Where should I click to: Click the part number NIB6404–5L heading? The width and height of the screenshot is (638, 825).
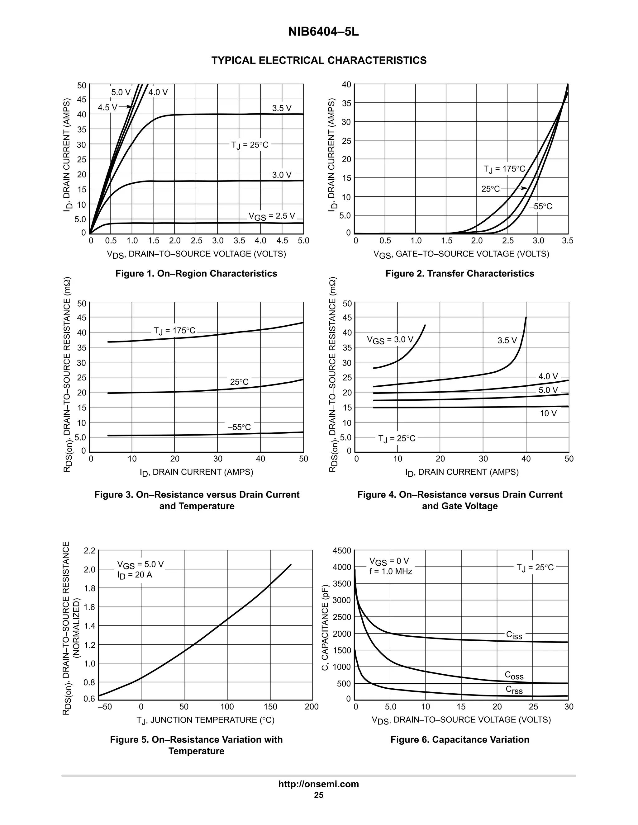tap(323, 32)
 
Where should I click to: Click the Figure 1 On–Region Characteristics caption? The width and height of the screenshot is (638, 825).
tap(196, 273)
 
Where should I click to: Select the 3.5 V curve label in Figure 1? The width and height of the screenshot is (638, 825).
tap(282, 108)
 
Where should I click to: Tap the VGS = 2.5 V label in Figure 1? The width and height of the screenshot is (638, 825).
tap(271, 216)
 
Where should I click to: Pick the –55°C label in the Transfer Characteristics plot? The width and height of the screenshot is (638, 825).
tap(540, 207)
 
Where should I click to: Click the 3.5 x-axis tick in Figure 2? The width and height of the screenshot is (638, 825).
tap(568, 241)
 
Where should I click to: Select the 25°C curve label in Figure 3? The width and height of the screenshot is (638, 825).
tap(239, 382)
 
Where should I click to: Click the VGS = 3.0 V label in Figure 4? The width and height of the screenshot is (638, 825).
tap(390, 340)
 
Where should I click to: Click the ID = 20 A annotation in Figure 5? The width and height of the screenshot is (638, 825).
tap(135, 575)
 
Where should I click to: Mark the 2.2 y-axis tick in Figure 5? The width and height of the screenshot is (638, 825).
tap(90, 551)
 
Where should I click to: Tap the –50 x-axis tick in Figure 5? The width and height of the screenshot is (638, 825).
tap(105, 707)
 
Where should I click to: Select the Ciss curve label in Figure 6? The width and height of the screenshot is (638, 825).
tap(514, 635)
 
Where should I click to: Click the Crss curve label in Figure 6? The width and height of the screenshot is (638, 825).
tap(514, 690)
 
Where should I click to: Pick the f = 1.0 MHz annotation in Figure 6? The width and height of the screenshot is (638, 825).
tap(390, 572)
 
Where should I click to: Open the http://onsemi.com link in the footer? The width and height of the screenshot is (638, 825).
tap(319, 784)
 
